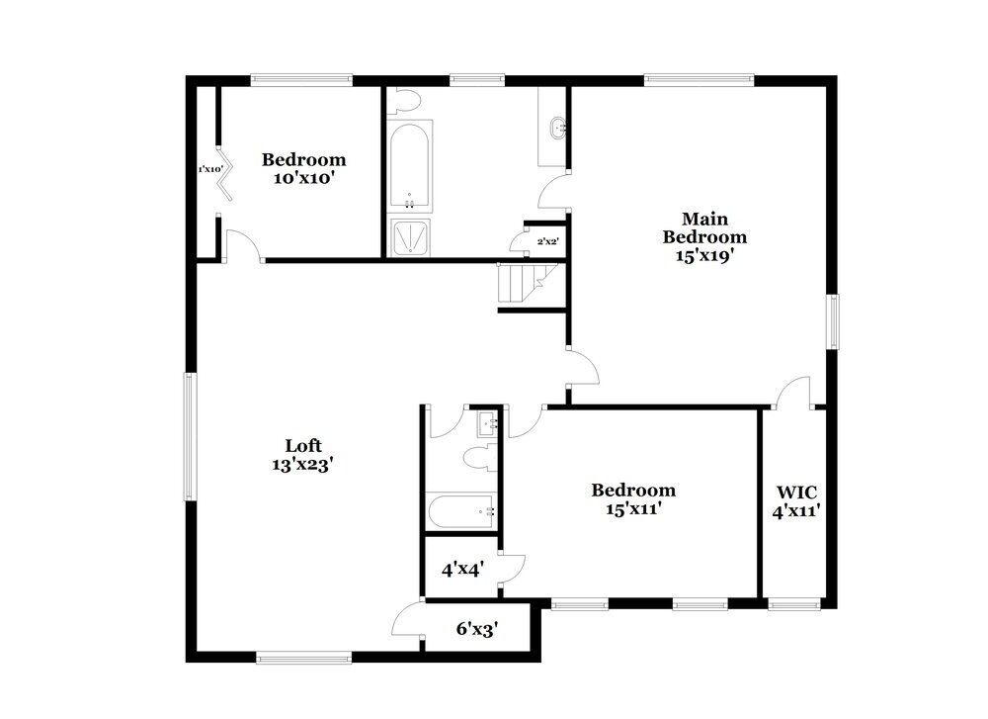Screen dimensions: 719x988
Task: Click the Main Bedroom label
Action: click(x=703, y=227)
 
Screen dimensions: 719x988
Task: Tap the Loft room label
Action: click(x=303, y=446)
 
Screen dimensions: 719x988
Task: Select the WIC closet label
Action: click(x=795, y=492)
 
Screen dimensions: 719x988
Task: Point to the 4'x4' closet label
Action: click(x=460, y=569)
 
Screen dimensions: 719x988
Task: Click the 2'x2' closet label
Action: click(x=546, y=240)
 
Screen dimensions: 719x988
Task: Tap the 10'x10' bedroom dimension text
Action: click(x=303, y=178)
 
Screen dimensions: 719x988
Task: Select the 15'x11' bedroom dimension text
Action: click(x=633, y=508)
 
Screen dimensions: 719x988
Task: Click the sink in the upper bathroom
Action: click(x=560, y=127)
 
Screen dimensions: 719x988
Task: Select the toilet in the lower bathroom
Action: click(x=481, y=458)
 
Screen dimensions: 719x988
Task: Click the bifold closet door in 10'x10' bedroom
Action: click(x=226, y=175)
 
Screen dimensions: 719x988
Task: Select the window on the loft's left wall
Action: click(x=192, y=437)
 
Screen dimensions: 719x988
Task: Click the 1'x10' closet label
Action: click(x=210, y=169)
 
